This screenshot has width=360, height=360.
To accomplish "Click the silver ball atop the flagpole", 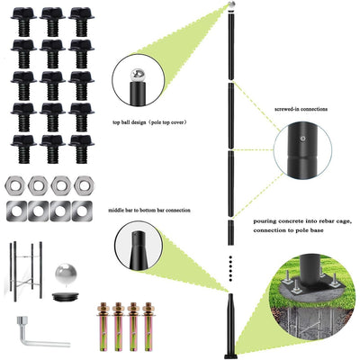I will [231, 5].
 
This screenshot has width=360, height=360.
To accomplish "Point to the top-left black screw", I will [23, 20].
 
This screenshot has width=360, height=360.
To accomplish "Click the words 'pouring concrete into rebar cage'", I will [296, 220].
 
